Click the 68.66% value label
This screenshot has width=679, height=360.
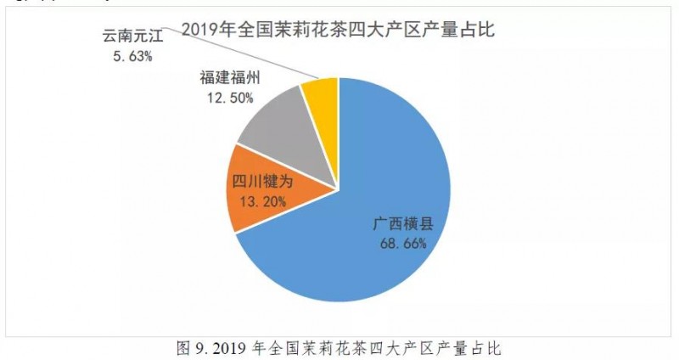point(403,243)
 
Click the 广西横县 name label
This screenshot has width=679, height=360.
point(403,224)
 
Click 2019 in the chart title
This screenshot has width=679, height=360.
point(202,31)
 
